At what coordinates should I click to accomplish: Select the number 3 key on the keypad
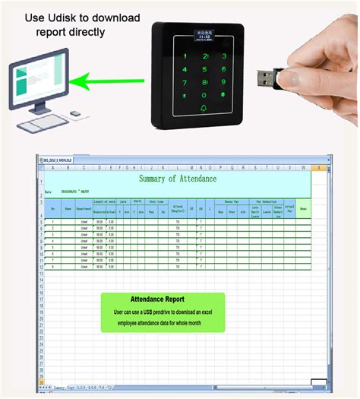tap(225, 56)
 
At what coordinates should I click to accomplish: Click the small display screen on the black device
tap(206, 35)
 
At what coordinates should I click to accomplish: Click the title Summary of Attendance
tap(178, 179)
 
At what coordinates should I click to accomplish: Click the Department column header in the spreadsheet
tap(84, 206)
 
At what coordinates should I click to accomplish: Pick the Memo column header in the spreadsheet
tap(303, 206)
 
